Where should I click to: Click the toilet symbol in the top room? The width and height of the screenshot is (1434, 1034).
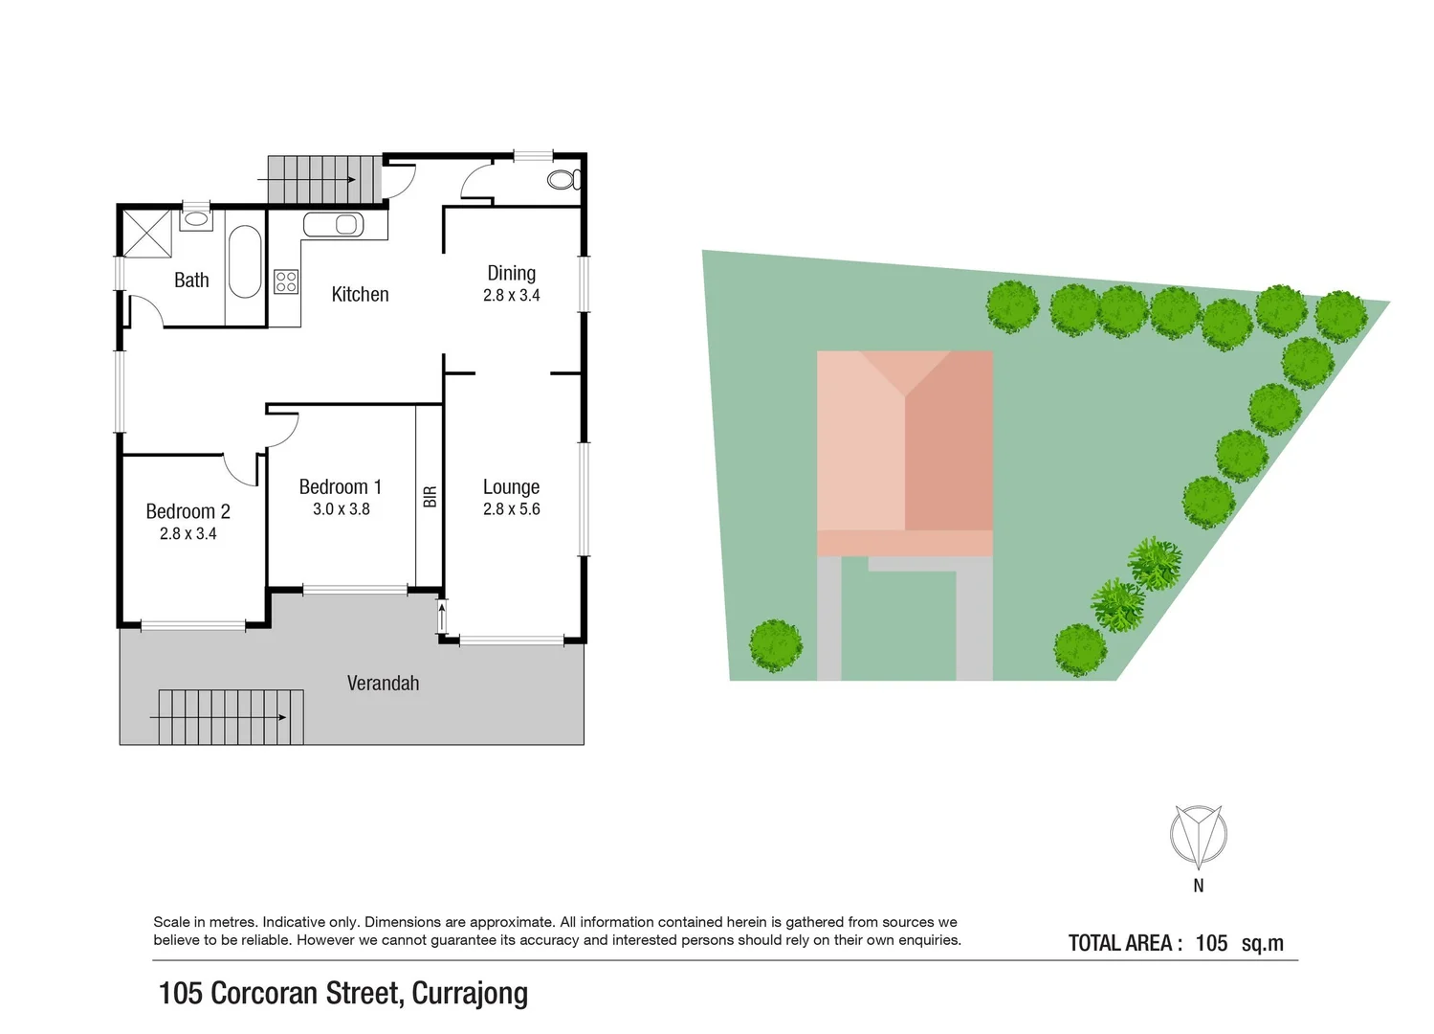(563, 179)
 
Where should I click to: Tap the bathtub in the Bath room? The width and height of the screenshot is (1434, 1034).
(245, 261)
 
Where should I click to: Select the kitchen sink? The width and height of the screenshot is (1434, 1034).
(334, 225)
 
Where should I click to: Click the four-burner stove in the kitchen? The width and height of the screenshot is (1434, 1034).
(286, 281)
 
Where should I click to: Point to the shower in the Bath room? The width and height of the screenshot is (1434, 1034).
(146, 232)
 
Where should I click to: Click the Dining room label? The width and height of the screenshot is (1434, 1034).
(511, 274)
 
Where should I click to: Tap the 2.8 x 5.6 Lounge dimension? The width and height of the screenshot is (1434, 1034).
(511, 509)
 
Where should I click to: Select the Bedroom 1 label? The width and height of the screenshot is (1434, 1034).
(340, 487)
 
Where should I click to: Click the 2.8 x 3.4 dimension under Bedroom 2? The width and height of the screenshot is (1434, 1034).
(188, 534)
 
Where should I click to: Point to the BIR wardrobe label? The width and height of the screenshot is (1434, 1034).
(430, 496)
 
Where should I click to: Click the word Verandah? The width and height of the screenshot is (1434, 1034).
(383, 684)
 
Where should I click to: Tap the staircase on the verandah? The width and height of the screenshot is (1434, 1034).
(230, 717)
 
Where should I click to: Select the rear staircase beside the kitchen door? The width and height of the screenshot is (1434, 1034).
(312, 179)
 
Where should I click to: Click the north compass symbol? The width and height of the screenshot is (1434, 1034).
(1198, 835)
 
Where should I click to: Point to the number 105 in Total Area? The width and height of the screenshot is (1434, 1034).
(1211, 943)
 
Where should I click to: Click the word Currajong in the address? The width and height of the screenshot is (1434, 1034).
(470, 994)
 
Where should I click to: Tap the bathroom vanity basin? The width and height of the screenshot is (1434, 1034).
(196, 218)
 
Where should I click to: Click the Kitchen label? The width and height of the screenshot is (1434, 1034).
(360, 295)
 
